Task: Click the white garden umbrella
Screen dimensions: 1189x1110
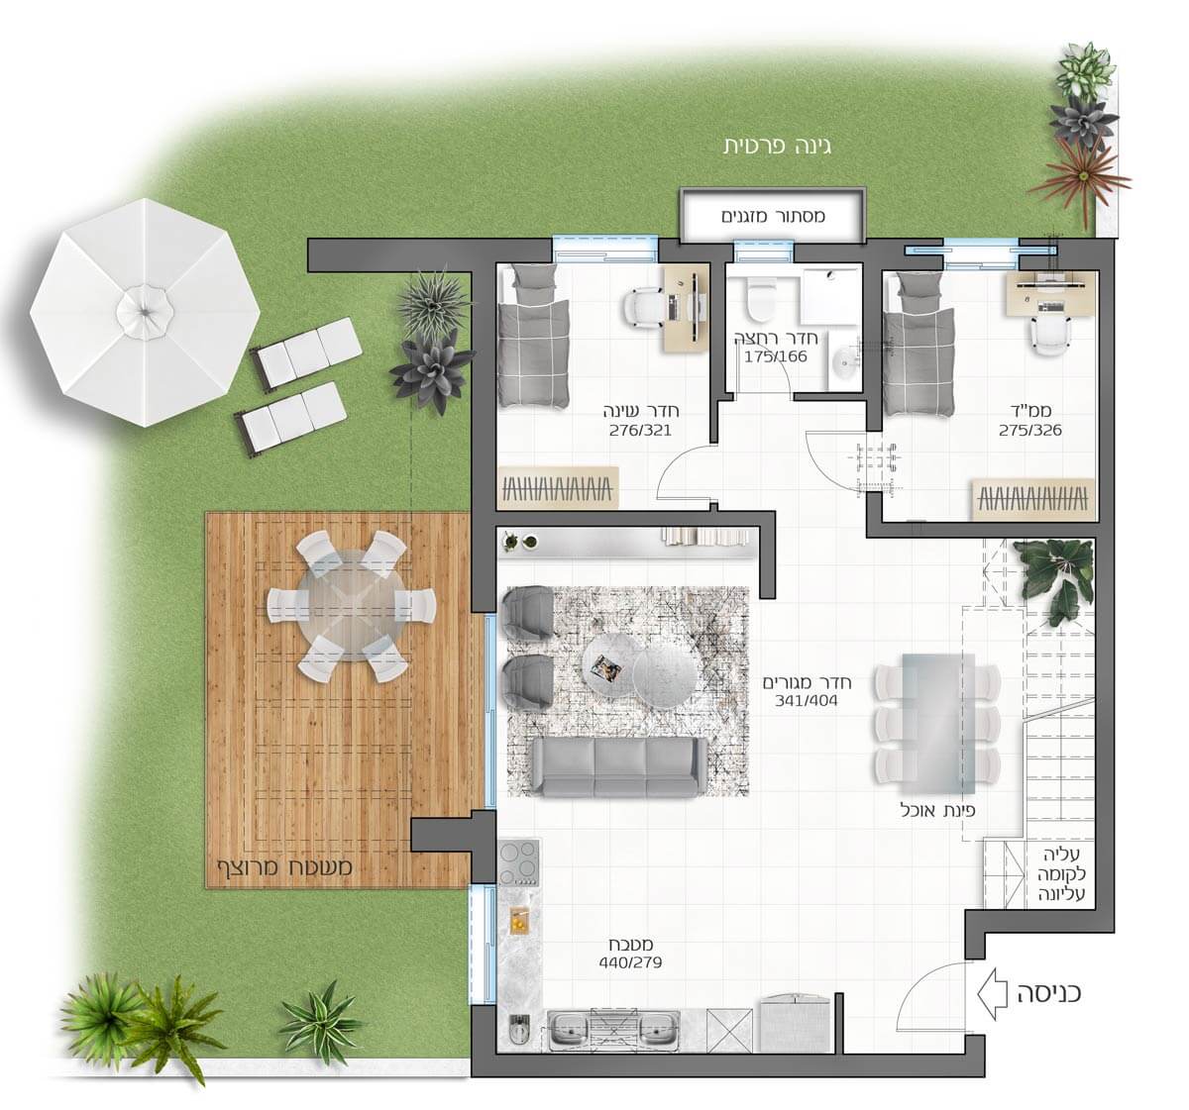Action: coord(145,312)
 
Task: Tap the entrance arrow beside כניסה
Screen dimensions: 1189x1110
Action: coord(992,994)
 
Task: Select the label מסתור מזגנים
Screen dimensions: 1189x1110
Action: coord(773,216)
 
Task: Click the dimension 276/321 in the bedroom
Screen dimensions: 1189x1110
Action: coord(641,430)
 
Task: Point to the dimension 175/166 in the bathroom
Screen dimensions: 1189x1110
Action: coord(776,356)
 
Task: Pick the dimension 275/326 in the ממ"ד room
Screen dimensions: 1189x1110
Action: coord(1030,430)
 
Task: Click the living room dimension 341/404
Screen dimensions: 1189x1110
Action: coord(807,700)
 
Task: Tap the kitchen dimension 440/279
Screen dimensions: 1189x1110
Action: coord(630,962)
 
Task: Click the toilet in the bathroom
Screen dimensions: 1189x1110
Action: coord(759,299)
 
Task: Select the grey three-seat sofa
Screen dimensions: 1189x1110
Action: coord(619,766)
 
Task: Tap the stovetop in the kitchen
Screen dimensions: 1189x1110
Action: coord(519,862)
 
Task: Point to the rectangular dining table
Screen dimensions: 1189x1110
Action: coord(938,722)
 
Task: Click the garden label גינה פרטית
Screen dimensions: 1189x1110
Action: coord(777,146)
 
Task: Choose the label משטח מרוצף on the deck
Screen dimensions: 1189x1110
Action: coord(284,867)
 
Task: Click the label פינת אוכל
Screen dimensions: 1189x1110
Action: coord(937,810)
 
